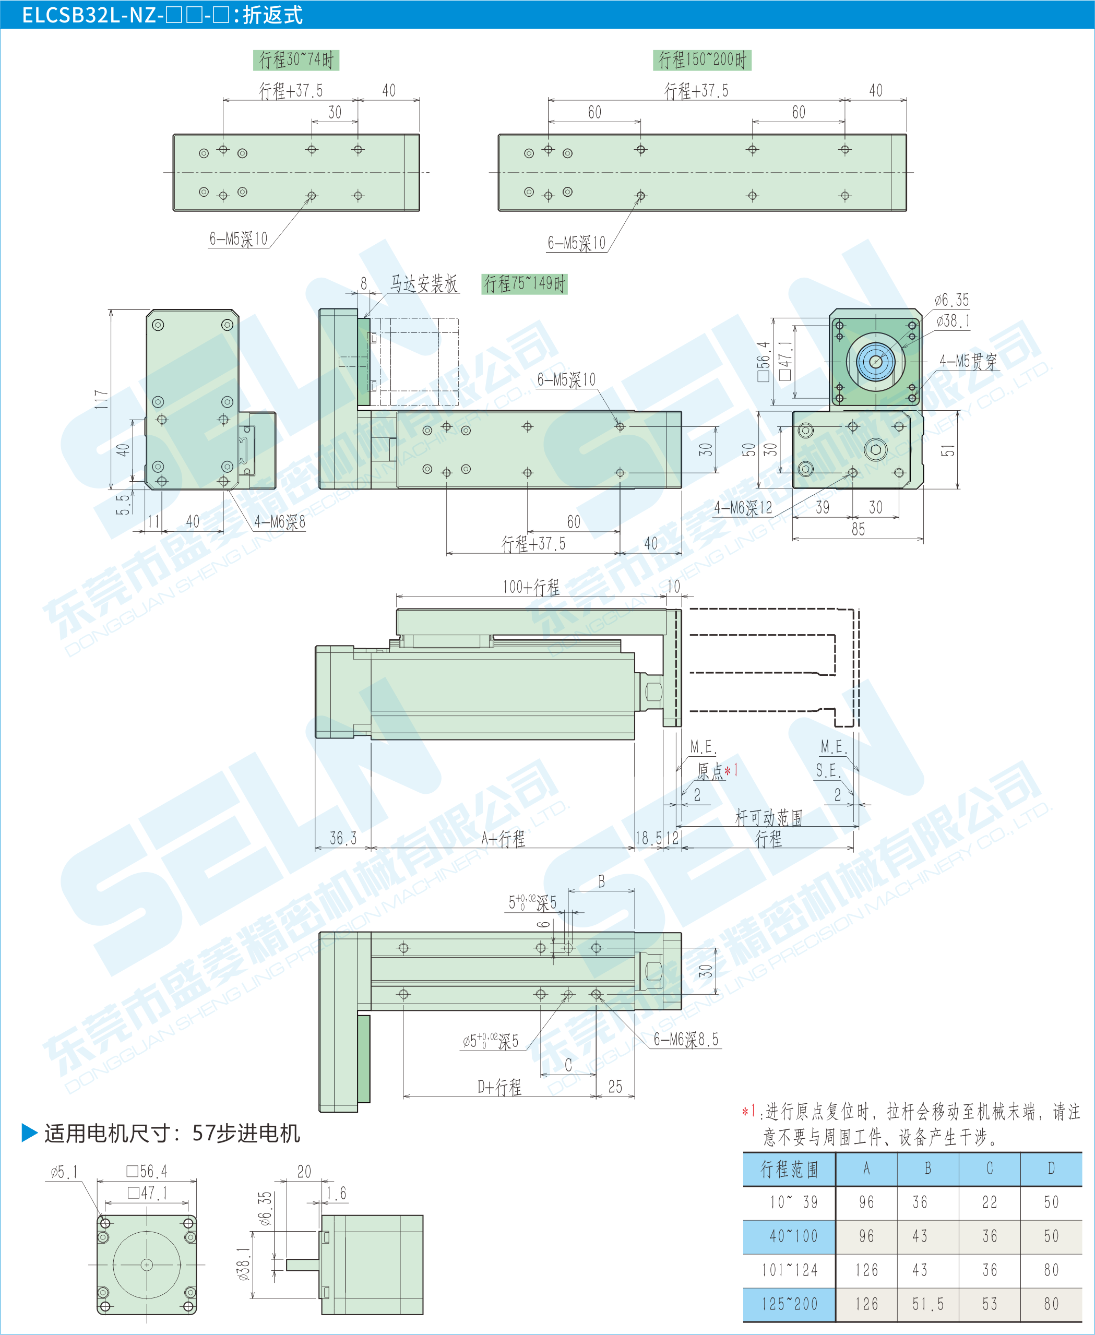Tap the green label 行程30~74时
point(296,60)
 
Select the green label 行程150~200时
point(702,60)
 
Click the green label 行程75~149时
point(524,284)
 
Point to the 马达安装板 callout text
point(423,284)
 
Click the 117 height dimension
point(101,399)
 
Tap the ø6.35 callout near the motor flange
point(951,300)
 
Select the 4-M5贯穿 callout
point(968,361)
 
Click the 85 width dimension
point(858,529)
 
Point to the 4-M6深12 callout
point(742,508)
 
